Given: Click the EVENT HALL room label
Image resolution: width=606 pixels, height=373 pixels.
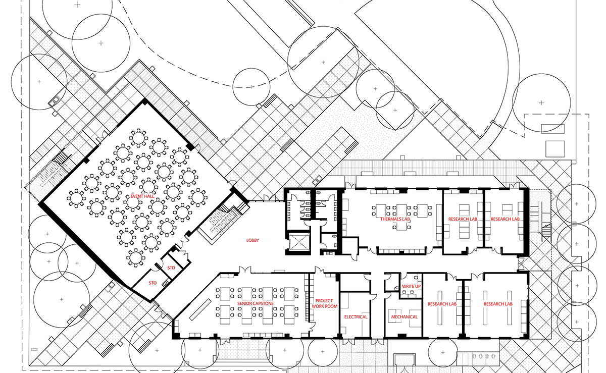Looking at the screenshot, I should [129, 196].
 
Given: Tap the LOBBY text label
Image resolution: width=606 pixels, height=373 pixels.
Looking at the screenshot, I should [252, 241].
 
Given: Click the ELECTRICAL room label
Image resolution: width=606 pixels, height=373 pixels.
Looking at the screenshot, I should [356, 317].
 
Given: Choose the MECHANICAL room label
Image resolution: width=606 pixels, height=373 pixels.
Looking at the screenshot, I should [404, 317].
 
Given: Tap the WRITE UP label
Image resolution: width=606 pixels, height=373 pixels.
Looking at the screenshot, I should [411, 287].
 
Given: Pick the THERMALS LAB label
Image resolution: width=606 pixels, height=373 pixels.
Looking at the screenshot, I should [396, 220].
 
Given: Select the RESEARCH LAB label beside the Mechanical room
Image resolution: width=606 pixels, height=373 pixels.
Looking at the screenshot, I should [442, 304].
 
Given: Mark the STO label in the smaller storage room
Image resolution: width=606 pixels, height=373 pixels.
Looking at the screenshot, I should [171, 268].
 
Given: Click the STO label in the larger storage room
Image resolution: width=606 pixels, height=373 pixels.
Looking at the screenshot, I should [153, 283].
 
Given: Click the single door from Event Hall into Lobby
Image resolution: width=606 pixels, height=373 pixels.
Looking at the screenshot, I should [182, 251].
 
